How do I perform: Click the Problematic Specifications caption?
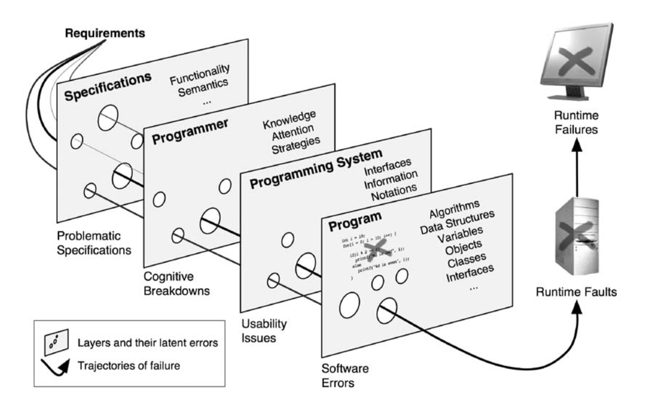tap(95, 241)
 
